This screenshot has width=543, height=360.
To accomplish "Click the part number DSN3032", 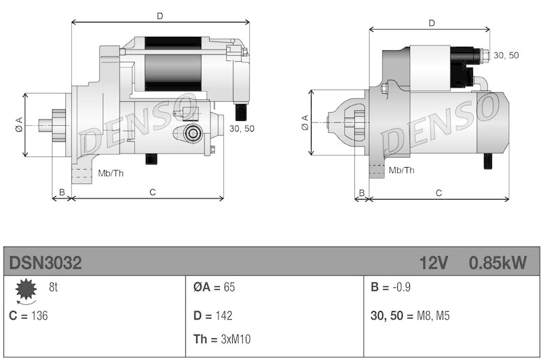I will click(x=45, y=263).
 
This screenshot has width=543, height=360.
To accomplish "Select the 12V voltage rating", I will click(x=434, y=263).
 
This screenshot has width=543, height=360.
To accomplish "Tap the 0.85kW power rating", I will click(x=497, y=263).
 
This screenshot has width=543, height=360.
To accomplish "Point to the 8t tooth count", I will click(x=53, y=287).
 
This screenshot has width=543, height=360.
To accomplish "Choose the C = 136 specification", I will click(x=29, y=315).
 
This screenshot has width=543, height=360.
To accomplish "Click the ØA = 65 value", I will click(x=214, y=287).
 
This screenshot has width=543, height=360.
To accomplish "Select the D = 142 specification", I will click(x=213, y=315).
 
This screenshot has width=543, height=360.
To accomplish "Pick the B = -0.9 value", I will click(x=392, y=287).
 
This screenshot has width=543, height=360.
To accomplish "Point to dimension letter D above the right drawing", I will click(x=432, y=23).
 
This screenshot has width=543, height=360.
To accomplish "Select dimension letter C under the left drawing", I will click(x=153, y=192).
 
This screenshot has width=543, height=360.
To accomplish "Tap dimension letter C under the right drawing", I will click(x=438, y=193).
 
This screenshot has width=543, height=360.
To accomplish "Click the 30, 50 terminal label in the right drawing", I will click(x=506, y=55).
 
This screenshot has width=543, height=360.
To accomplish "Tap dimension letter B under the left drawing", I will click(x=62, y=192).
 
